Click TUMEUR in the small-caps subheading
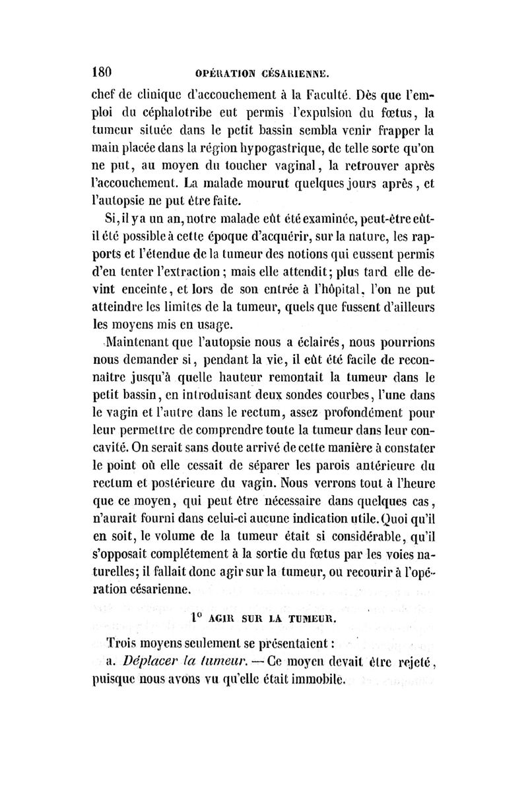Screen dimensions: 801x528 pos(312,618)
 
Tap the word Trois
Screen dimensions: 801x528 pos(127,643)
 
